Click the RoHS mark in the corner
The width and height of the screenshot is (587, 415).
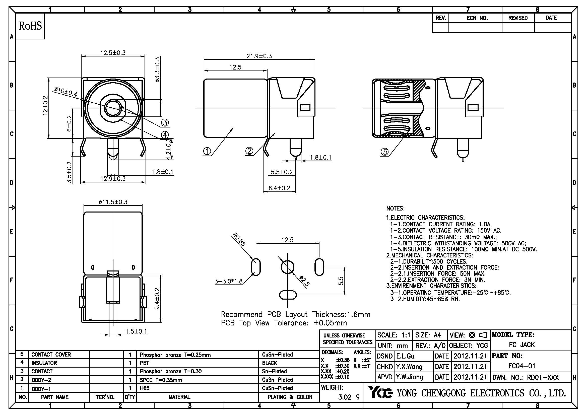click(x=30, y=26)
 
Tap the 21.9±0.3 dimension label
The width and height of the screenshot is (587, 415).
click(x=259, y=56)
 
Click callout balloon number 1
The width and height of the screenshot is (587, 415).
click(x=207, y=152)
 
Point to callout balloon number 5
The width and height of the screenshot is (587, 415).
click(x=384, y=152)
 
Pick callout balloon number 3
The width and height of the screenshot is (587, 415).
click(x=165, y=123)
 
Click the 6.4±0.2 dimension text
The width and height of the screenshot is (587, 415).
click(x=279, y=188)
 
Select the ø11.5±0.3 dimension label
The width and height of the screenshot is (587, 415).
click(x=113, y=202)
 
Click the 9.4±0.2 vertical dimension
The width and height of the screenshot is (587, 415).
click(x=157, y=299)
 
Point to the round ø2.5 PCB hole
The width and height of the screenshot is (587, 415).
click(x=287, y=267)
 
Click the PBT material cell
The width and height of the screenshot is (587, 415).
click(x=145, y=363)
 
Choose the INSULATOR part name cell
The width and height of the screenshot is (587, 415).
click(x=44, y=363)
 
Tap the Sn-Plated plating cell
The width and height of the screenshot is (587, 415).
click(x=274, y=371)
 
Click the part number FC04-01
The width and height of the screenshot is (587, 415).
click(x=521, y=366)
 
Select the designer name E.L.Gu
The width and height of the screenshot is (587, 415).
click(x=405, y=356)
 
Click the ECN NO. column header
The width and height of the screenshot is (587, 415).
click(x=477, y=18)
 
